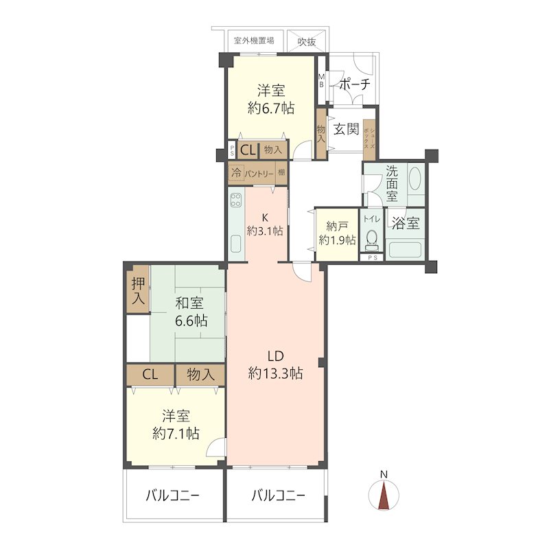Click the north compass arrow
click(x=384, y=495)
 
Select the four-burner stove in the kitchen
click(x=235, y=200)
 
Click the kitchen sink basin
click(x=236, y=244)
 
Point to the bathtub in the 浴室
click(x=405, y=250)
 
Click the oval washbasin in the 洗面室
click(x=415, y=178)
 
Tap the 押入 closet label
click(x=138, y=290)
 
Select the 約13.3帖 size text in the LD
click(x=276, y=374)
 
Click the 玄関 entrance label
click(x=346, y=129)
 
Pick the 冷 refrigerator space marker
click(x=236, y=173)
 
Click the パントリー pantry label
click(x=259, y=174)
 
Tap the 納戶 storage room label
click(x=337, y=226)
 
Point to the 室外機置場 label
click(x=254, y=40)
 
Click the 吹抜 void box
click(x=307, y=41)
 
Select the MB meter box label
click(x=321, y=80)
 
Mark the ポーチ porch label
click(x=355, y=84)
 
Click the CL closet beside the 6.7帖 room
click(x=248, y=150)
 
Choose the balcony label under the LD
click(x=279, y=495)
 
